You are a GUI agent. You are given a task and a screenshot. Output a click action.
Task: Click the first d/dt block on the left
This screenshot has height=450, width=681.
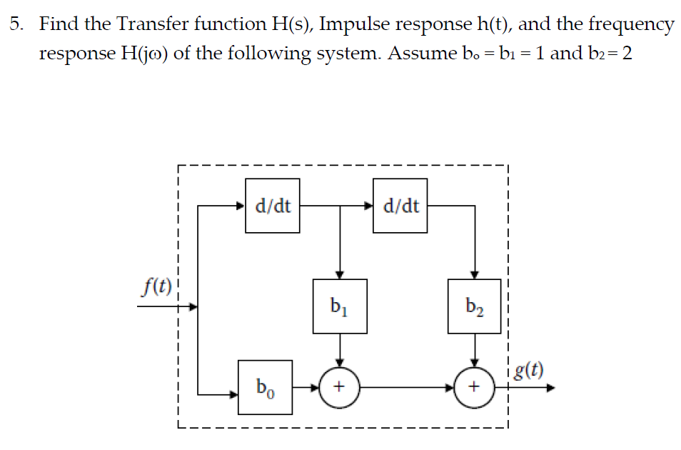pyautogui.click(x=273, y=206)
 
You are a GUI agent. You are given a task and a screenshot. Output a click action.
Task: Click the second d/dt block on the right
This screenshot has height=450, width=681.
pyautogui.click(x=400, y=206)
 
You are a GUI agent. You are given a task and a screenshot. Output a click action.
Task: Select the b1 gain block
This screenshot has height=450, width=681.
pyautogui.click(x=340, y=306)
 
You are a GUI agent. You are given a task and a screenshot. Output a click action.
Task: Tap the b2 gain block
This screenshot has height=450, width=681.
pyautogui.click(x=474, y=306)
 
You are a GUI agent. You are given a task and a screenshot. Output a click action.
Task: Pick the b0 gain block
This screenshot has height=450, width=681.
pyautogui.click(x=264, y=388)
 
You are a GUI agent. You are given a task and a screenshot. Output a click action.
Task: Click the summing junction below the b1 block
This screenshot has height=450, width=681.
pyautogui.click(x=340, y=388)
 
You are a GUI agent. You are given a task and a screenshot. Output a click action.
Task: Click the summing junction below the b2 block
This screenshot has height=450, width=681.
pyautogui.click(x=473, y=388)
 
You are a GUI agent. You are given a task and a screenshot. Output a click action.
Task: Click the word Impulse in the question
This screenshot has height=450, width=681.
pyautogui.click(x=353, y=24)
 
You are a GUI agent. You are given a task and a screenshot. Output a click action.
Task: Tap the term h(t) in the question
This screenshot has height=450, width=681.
pyautogui.click(x=485, y=24)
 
